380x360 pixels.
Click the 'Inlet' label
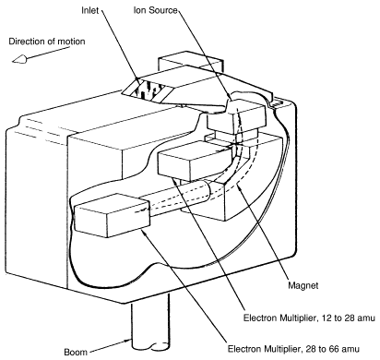coord(89,10)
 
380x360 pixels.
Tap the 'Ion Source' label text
coord(156,10)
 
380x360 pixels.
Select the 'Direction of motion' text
coord(47,42)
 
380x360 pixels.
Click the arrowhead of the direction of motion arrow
coord(19,59)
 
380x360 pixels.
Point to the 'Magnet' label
coord(303,285)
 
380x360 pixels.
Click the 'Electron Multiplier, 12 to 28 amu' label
coord(309,318)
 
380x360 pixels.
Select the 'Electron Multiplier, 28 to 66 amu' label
coord(293,349)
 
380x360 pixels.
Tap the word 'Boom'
coord(76,352)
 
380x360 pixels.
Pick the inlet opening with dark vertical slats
coord(148,90)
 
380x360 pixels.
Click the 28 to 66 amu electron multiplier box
coord(112,215)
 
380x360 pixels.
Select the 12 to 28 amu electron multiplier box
coord(195,161)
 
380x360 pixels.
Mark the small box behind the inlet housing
coord(190,62)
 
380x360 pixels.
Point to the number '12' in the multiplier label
coord(324,318)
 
